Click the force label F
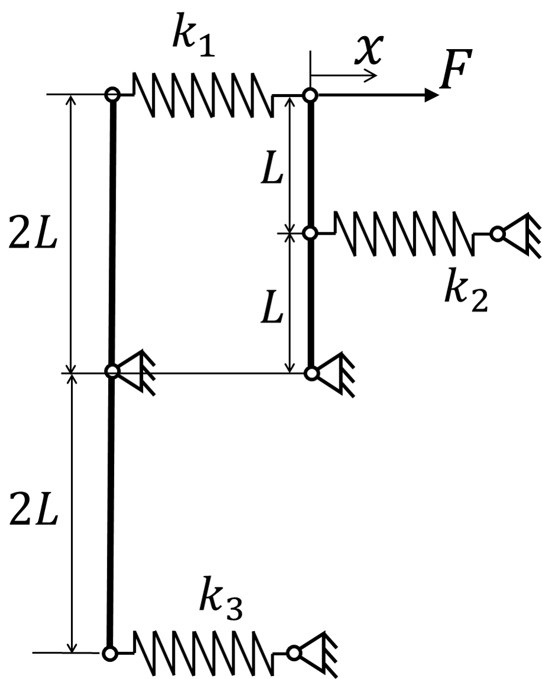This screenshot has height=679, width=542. pyautogui.click(x=456, y=69)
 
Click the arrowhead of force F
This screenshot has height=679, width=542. pyautogui.click(x=431, y=95)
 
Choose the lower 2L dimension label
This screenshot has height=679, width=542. pyautogui.click(x=33, y=513)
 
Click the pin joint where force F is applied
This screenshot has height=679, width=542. pyautogui.click(x=310, y=95)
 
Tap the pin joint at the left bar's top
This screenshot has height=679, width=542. pyautogui.click(x=112, y=93)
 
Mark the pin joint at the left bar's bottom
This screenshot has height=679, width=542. pyautogui.click(x=110, y=652)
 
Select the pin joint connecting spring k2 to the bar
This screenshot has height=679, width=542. pyautogui.click(x=310, y=233)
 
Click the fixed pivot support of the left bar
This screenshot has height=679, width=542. pyautogui.click(x=130, y=371)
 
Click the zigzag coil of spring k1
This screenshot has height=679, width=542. pyautogui.click(x=203, y=95)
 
